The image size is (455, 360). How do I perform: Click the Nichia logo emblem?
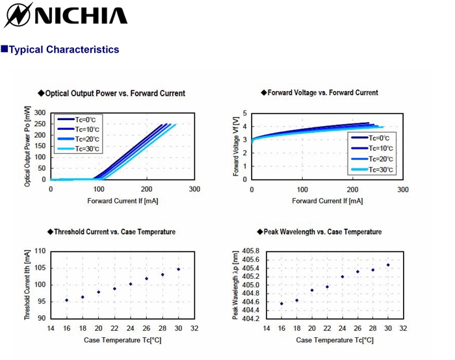pyautogui.click(x=17, y=15)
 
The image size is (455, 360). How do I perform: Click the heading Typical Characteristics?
pyautogui.click(x=64, y=49)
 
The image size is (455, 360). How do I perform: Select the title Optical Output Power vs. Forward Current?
pyautogui.click(x=115, y=94)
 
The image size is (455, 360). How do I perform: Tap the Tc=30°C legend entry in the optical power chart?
pyautogui.click(x=79, y=149)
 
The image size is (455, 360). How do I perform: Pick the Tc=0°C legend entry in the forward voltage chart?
pyautogui.click(x=370, y=138)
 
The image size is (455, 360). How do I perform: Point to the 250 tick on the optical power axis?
pyautogui.click(x=40, y=124)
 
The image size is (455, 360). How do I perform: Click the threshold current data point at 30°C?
pyautogui.click(x=179, y=269)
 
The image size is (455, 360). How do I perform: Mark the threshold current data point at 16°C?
pyautogui.click(x=67, y=300)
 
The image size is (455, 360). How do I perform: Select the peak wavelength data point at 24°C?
pyautogui.click(x=343, y=277)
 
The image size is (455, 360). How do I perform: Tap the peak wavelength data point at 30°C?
pyautogui.click(x=388, y=265)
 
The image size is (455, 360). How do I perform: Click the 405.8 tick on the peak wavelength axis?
pyautogui.click(x=251, y=251)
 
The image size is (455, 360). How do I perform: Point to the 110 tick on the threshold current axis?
pyautogui.click(x=40, y=251)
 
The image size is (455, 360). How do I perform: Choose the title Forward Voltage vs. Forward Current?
pyautogui.click(x=322, y=92)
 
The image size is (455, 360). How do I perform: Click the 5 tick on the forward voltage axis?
pyautogui.click(x=245, y=113)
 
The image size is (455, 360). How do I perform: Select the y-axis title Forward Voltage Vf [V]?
pyautogui.click(x=236, y=146)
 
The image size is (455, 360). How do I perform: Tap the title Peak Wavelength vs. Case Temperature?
pyautogui.click(x=322, y=232)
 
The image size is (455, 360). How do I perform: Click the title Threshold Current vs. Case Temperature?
pyautogui.click(x=114, y=232)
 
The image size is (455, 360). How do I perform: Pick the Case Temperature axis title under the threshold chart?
pyautogui.click(x=122, y=340)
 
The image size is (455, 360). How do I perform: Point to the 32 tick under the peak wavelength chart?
pyautogui.click(x=403, y=328)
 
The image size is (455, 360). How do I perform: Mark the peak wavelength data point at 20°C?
pyautogui.click(x=312, y=290)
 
